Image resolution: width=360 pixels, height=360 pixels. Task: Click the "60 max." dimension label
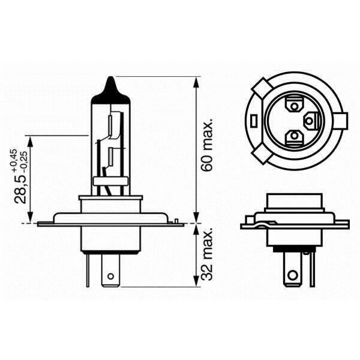click(x=208, y=146)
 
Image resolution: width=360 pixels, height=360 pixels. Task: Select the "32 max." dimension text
click(x=208, y=255)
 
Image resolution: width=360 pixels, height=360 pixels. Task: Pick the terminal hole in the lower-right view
click(x=293, y=276)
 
